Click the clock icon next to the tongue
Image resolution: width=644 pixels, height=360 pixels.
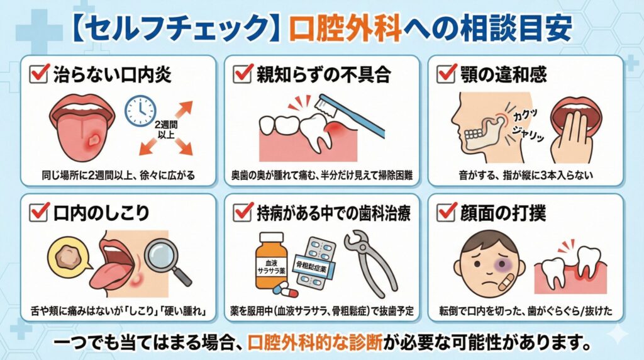140,111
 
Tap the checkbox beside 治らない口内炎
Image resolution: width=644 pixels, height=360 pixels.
40,74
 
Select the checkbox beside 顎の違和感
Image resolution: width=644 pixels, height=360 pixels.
447,74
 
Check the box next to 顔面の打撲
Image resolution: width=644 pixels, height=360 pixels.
447,213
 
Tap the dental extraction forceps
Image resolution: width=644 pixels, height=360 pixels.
370,262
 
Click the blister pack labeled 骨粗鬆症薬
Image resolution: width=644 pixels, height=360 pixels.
316,262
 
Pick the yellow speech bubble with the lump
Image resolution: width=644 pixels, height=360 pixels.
68,255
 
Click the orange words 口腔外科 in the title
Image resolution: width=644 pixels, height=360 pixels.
345,29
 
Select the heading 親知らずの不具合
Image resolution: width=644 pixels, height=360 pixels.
324,74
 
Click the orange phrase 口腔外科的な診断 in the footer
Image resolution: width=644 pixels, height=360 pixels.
315,342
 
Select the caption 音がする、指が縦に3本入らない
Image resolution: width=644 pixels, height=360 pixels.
526,176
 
